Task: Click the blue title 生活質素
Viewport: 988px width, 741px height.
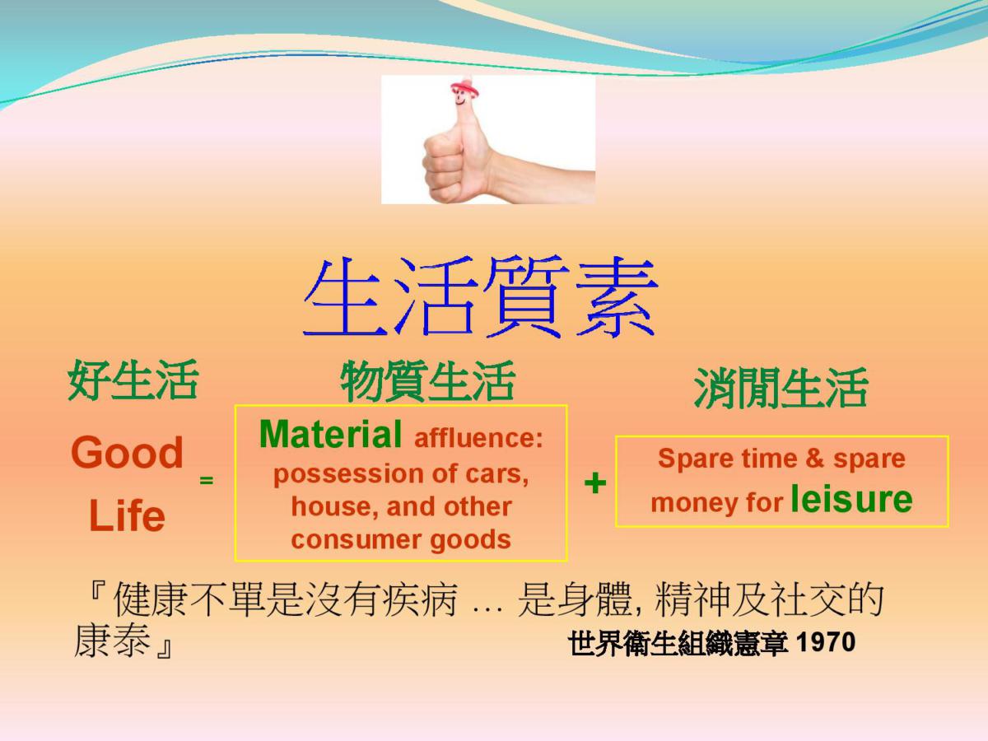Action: click(480, 297)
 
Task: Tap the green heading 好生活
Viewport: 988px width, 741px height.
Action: click(133, 380)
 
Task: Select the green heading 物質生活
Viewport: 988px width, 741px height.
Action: click(427, 380)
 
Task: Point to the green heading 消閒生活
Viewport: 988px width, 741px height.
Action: click(781, 388)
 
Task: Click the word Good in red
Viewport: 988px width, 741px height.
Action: click(127, 452)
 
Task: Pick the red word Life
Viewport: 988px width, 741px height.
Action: click(127, 515)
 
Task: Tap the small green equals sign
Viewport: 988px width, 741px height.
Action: click(206, 480)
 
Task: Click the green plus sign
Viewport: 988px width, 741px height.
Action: click(594, 483)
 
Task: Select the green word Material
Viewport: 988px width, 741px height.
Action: click(330, 434)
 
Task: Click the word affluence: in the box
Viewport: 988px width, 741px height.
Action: click(478, 438)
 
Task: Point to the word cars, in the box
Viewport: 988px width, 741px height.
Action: click(497, 473)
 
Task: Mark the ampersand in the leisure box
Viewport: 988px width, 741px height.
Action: click(815, 459)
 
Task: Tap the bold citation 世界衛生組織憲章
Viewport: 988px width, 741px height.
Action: click(678, 643)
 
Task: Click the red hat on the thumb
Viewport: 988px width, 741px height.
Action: click(464, 86)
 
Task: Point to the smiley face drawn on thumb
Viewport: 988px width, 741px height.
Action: click(460, 98)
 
